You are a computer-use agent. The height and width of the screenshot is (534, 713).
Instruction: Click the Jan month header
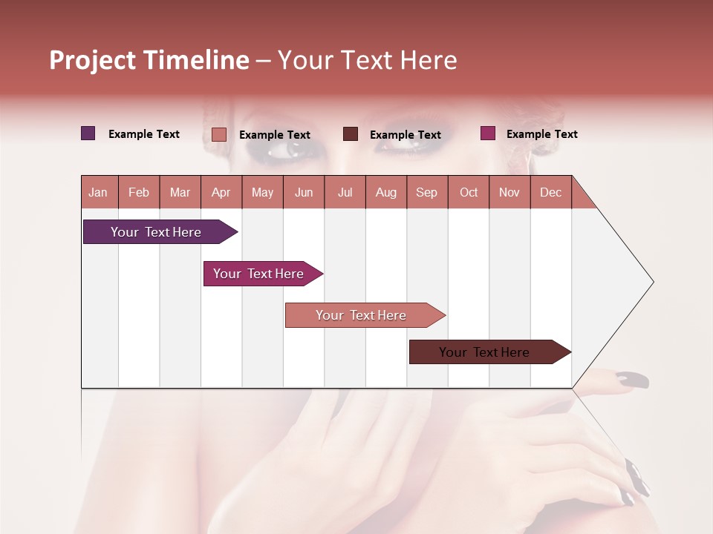click(x=98, y=192)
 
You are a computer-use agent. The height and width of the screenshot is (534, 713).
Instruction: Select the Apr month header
click(x=221, y=192)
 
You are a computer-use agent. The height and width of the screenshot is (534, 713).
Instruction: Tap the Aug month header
click(x=385, y=192)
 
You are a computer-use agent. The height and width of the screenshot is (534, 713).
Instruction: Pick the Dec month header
click(x=550, y=192)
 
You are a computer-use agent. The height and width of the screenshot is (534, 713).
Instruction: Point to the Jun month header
click(x=303, y=192)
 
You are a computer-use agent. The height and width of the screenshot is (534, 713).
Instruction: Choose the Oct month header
click(x=468, y=192)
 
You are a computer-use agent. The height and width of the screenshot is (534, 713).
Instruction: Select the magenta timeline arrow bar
click(x=260, y=274)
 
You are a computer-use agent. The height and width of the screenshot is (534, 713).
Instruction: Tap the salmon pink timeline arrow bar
click(x=362, y=315)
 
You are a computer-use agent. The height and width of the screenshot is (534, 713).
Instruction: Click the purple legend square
click(x=88, y=133)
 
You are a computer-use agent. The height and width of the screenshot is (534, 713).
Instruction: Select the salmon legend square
click(x=218, y=134)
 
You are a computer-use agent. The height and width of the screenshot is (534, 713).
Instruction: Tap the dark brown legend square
click(x=350, y=134)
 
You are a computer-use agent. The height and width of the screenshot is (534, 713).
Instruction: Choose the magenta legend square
click(x=487, y=133)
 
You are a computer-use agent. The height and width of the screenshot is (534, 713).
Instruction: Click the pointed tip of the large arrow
click(x=651, y=282)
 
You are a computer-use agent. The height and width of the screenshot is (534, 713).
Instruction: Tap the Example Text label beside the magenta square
click(x=541, y=133)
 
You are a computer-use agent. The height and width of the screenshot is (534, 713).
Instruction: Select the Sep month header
click(x=426, y=192)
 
